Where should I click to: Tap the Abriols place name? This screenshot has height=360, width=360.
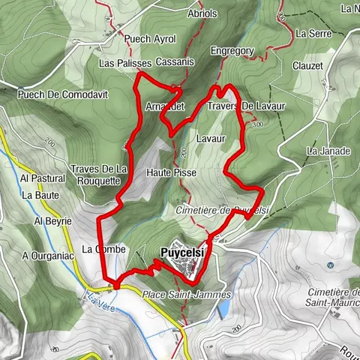pos(202,13)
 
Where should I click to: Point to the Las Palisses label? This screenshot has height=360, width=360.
pos(125,64)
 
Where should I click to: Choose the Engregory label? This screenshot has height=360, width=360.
pos(232,51)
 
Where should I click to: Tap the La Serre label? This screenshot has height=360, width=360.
pos(313,34)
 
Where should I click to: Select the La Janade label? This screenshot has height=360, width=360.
pos(328,151)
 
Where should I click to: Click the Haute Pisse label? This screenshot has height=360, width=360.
pos(172,172)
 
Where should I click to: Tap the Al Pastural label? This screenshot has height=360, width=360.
pos(43,178)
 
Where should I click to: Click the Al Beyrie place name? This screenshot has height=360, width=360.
pos(52,221)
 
